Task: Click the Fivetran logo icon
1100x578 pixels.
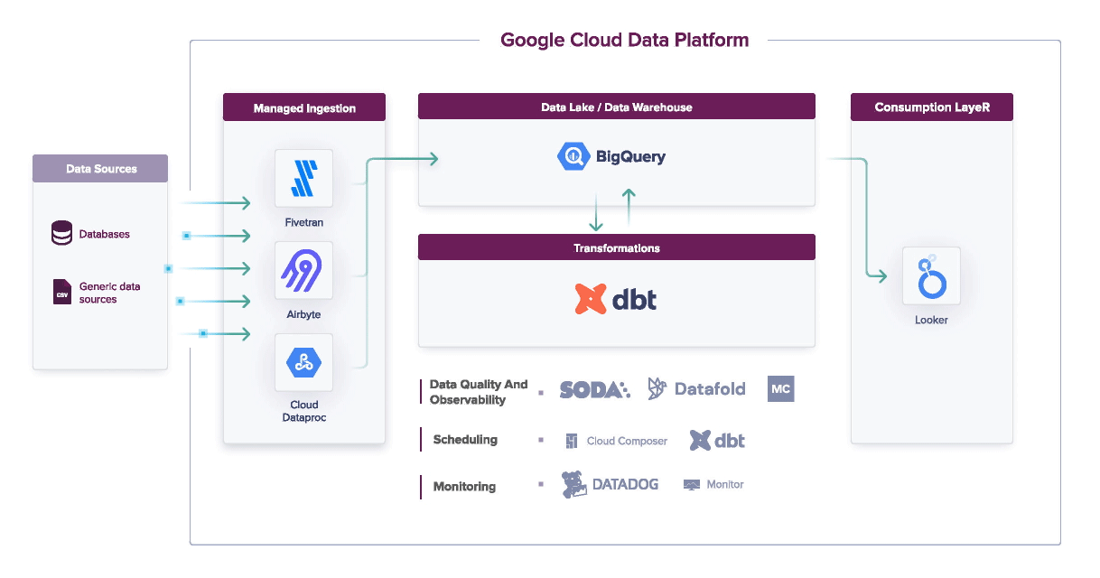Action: click(x=303, y=178)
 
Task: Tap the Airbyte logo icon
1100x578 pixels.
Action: click(x=303, y=270)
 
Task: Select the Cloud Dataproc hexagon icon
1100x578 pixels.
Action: click(x=303, y=363)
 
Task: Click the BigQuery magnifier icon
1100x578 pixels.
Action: click(x=573, y=156)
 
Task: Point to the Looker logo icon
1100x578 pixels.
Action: click(x=931, y=276)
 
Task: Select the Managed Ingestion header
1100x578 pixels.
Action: click(x=304, y=107)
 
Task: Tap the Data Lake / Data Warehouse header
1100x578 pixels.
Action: click(x=616, y=107)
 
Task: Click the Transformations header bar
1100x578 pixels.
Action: click(x=616, y=247)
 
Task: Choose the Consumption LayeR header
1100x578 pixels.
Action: click(x=931, y=107)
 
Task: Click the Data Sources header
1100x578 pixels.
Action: click(x=100, y=168)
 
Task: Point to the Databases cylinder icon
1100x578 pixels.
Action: click(x=61, y=234)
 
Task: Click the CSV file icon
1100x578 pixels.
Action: click(x=62, y=293)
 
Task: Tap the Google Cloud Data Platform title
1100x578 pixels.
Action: click(x=624, y=40)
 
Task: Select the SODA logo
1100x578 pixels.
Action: click(x=594, y=389)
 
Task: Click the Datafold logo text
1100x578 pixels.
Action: click(x=710, y=389)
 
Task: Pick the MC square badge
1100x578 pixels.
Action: click(x=780, y=389)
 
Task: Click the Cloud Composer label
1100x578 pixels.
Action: click(x=627, y=441)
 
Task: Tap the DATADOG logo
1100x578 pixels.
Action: click(x=611, y=485)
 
